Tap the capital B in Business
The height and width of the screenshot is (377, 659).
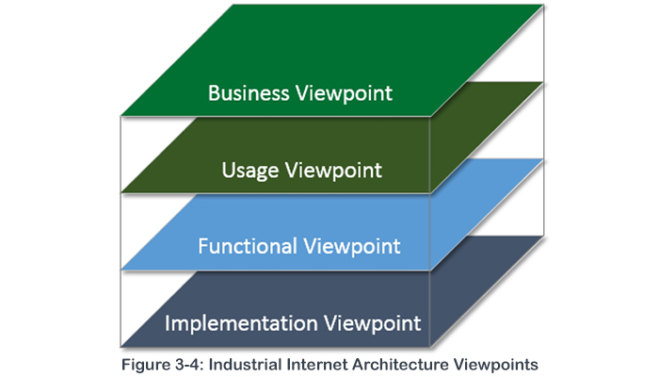point(213,93)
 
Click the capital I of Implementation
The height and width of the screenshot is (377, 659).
point(168,323)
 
